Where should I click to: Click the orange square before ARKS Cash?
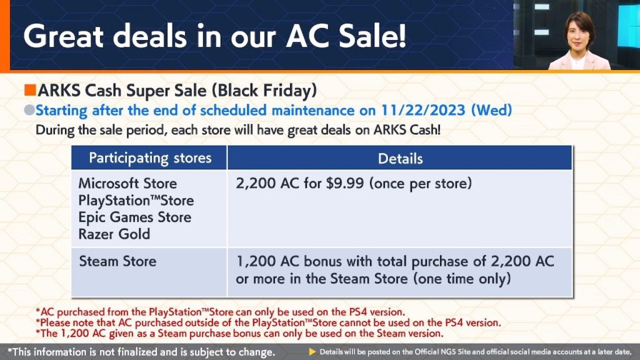tap(30, 90)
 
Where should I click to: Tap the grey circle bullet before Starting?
tap(29, 110)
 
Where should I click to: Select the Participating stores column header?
tap(150, 158)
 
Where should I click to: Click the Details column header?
tap(400, 158)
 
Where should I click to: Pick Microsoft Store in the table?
tap(127, 183)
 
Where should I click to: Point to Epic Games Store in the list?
tap(135, 217)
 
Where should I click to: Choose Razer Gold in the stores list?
tap(114, 234)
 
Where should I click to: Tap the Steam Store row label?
tap(117, 261)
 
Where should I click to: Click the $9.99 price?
tap(344, 183)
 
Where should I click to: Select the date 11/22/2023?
tap(423, 110)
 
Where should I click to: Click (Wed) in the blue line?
tap(491, 110)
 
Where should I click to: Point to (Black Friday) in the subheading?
tap(264, 91)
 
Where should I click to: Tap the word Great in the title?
tap(64, 36)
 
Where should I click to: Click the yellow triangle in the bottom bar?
tap(312, 351)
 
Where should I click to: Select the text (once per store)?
tap(421, 184)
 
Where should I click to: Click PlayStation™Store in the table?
tap(136, 201)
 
